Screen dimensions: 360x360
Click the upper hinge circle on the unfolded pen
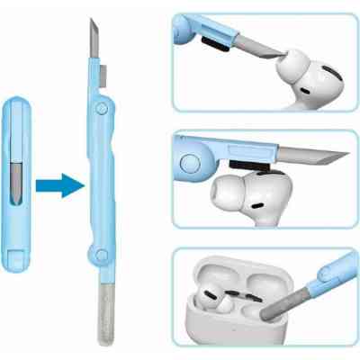pyautogui.click(x=101, y=109)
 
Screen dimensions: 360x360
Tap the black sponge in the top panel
pyautogui.click(x=212, y=36)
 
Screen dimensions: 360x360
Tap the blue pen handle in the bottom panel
pyautogui.click(x=329, y=274)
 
